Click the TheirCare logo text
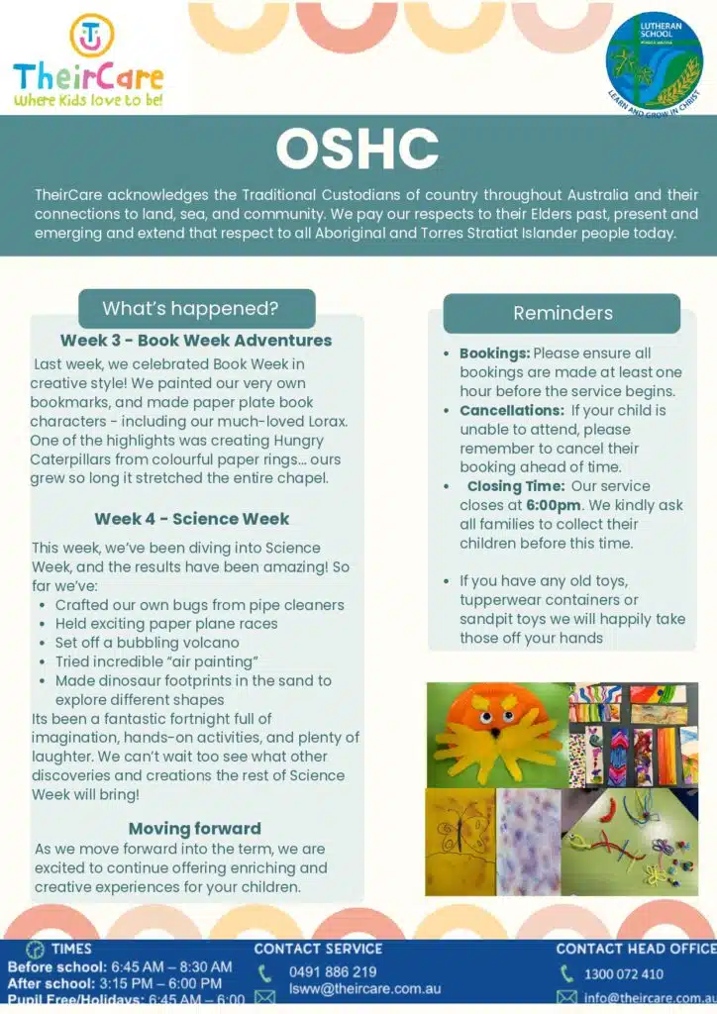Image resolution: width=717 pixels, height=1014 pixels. (88, 75)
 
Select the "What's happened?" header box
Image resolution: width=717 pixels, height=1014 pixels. (190, 308)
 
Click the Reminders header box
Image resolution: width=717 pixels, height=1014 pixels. (562, 313)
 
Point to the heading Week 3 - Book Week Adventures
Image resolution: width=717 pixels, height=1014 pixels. (195, 341)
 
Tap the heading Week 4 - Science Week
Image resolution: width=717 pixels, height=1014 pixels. (192, 519)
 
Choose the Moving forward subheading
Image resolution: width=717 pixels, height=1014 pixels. (194, 829)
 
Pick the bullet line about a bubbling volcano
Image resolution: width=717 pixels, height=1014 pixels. (148, 643)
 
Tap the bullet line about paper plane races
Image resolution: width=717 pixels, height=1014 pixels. (166, 624)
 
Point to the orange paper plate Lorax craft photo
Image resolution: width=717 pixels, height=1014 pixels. (496, 734)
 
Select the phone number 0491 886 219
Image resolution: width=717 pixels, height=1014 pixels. (333, 972)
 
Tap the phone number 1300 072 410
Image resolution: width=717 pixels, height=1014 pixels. (625, 974)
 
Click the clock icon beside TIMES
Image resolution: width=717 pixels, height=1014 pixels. (36, 950)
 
